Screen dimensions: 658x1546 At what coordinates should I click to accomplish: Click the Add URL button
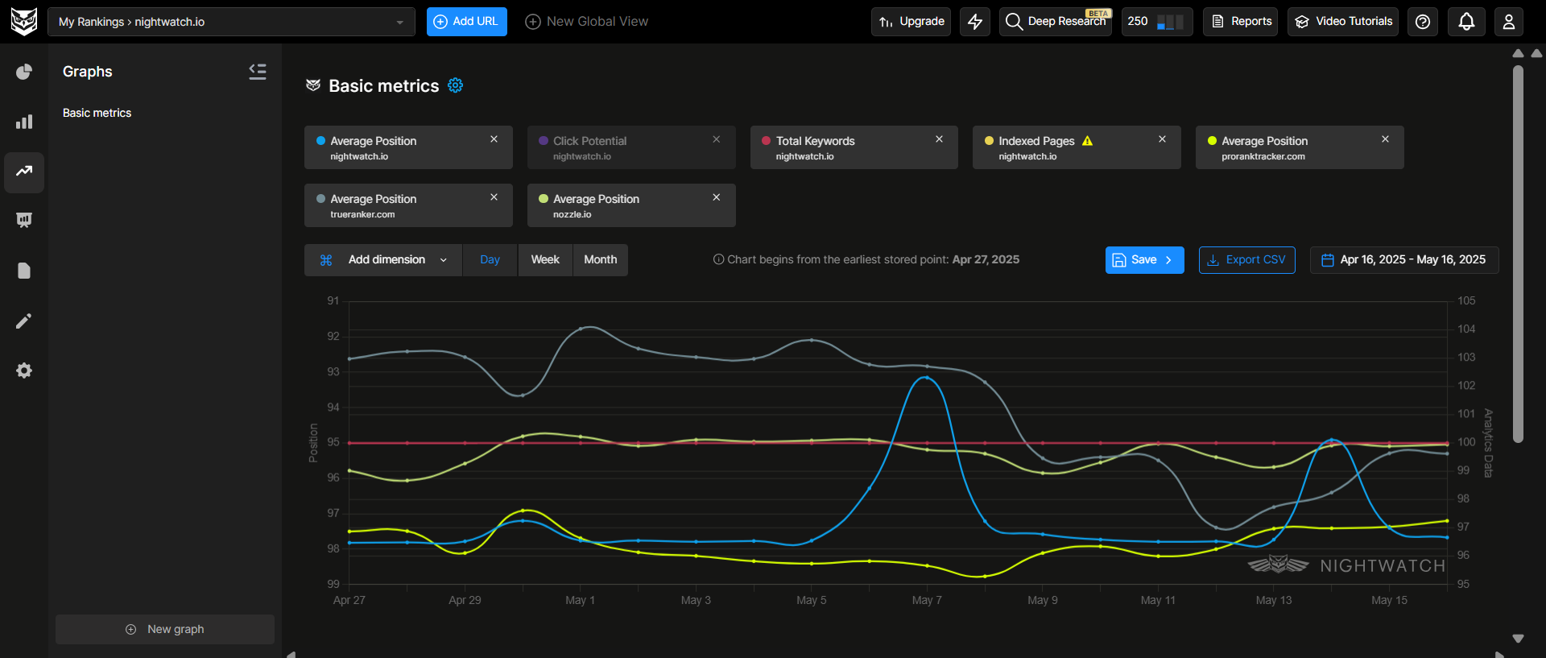466,22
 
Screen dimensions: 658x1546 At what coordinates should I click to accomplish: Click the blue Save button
1143,260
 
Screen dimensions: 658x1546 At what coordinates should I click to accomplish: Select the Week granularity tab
545,260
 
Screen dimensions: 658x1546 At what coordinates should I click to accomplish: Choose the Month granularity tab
600,260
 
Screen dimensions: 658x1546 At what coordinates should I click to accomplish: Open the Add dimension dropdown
383,260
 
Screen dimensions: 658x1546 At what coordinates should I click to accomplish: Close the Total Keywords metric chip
939,139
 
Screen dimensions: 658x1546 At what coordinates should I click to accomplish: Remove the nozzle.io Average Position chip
716,197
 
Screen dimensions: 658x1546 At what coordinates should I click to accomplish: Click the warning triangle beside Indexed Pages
1087,141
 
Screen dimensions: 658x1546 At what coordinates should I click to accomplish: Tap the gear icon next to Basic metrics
455,85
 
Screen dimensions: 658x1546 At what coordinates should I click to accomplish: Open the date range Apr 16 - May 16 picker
1403,260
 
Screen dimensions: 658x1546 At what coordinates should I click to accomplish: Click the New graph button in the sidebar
165,629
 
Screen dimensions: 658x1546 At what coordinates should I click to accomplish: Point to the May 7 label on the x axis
927,600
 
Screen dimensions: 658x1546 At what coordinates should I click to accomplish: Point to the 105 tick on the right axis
1466,300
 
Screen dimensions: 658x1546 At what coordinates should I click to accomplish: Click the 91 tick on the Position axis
333,300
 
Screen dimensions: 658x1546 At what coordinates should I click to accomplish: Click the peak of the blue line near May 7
926,377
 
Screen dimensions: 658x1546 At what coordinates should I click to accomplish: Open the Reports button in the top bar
1241,22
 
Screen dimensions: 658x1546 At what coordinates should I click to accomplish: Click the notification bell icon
1466,22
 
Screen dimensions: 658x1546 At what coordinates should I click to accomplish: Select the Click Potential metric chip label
589,141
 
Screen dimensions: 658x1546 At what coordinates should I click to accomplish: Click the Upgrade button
911,22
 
